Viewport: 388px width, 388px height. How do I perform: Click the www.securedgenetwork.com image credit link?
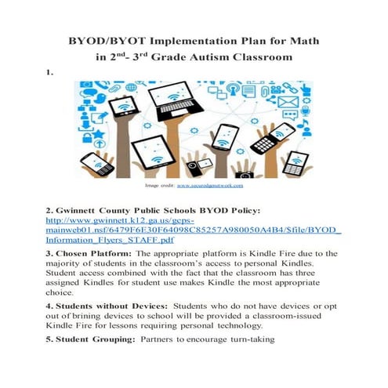click(210, 186)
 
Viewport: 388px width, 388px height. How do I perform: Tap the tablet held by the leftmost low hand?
click(96, 163)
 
